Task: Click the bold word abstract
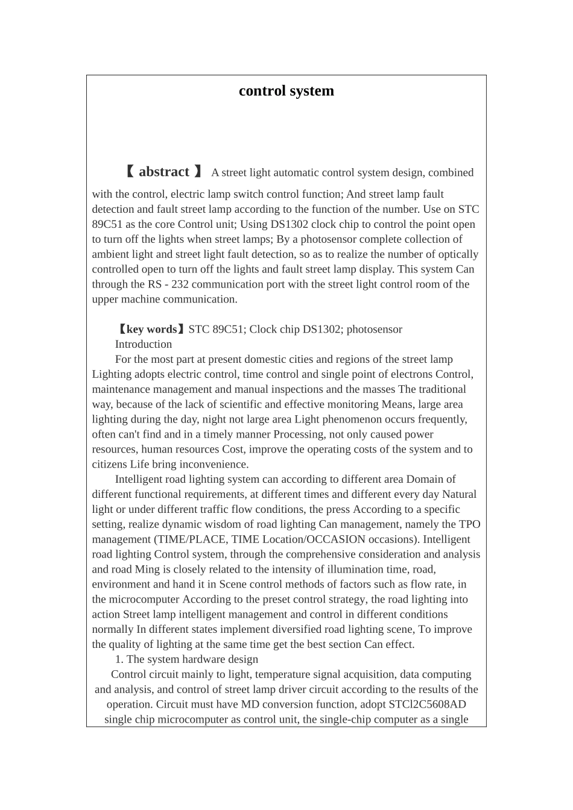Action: click(x=163, y=172)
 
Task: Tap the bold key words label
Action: click(x=151, y=329)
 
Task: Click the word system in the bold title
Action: click(x=311, y=91)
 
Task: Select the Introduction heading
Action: click(x=144, y=344)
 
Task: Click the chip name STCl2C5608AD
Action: click(x=427, y=705)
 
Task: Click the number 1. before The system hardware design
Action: click(x=119, y=659)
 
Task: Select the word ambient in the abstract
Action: click(x=110, y=254)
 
